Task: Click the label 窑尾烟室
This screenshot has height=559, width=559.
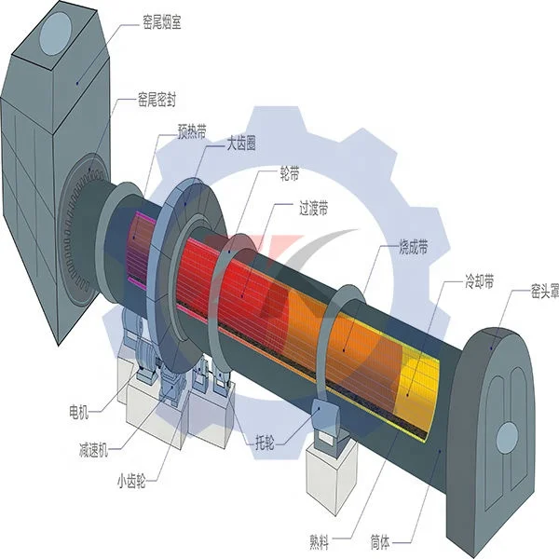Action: pos(162,22)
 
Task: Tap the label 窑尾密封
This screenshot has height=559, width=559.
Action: pos(157,100)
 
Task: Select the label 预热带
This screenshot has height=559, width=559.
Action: pos(192,132)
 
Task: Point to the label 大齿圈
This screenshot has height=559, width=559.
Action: pos(241,143)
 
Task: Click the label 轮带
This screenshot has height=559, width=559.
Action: pos(290,173)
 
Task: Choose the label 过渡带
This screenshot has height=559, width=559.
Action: pos(314,208)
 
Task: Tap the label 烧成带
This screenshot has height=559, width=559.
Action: pos(413,247)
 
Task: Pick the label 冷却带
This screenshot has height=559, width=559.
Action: pos(480,281)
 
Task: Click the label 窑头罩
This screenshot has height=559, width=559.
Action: pos(545,292)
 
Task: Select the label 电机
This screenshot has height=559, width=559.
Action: pos(79,412)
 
